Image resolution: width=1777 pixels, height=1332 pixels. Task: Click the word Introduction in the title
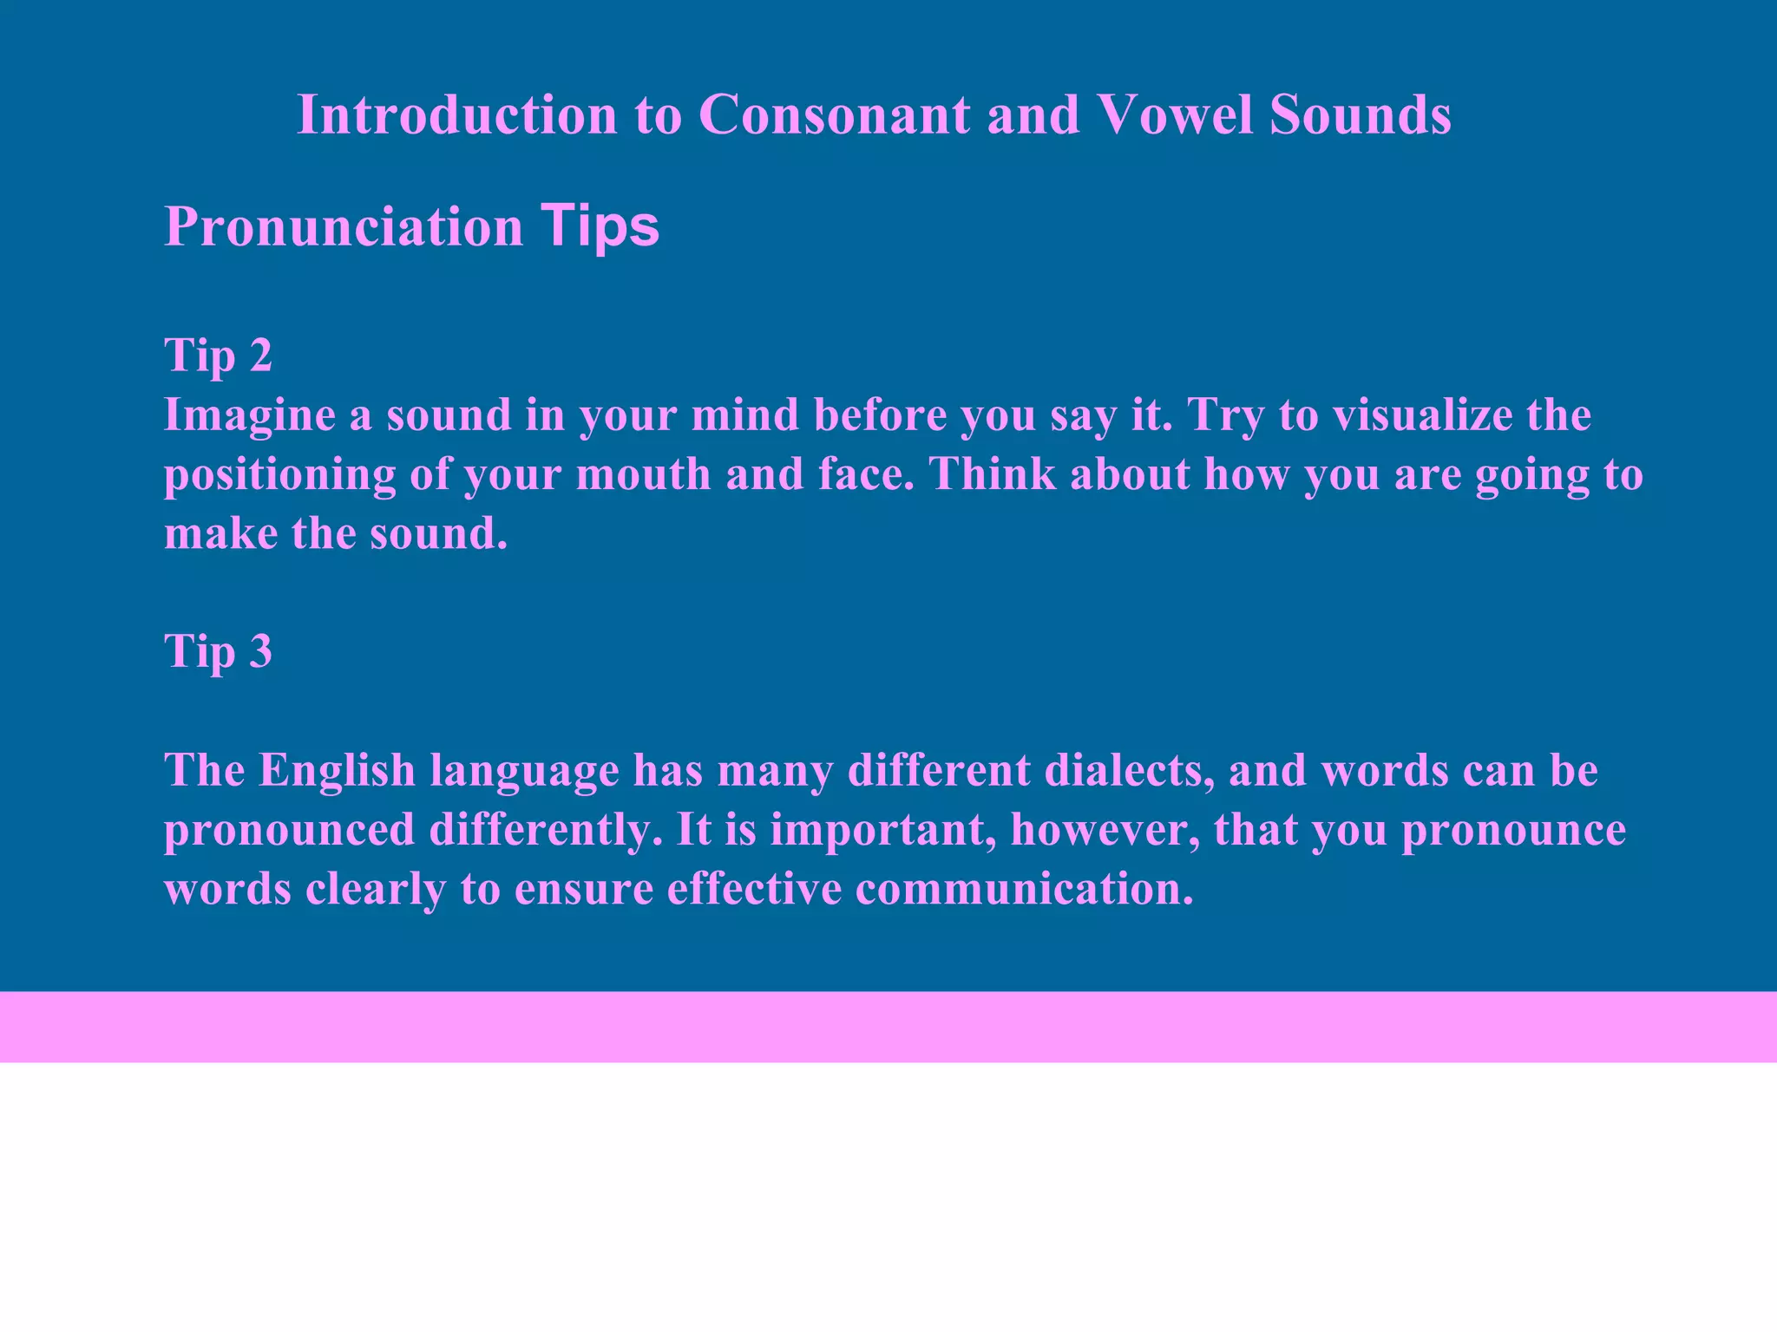[456, 114]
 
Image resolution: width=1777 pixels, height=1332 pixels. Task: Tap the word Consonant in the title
[834, 114]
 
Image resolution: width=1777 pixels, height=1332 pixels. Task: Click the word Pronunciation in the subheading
[344, 227]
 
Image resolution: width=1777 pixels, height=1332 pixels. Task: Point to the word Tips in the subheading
[600, 227]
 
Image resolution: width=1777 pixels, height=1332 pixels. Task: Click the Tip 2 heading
[218, 356]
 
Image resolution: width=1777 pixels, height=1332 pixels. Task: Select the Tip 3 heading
[218, 651]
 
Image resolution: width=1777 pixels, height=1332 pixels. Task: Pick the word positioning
[279, 475]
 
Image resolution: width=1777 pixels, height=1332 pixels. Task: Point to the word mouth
[643, 474]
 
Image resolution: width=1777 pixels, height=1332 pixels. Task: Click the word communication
[1024, 889]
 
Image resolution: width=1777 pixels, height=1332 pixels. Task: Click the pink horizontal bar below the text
[888, 1027]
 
